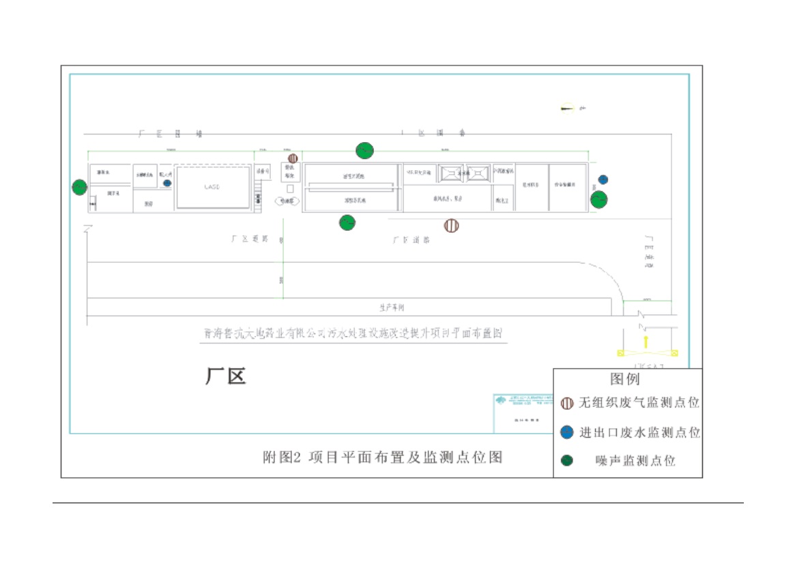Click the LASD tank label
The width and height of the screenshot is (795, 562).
tap(213, 187)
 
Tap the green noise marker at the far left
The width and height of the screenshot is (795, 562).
tap(80, 187)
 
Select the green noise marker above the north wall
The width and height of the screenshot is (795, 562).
tap(365, 150)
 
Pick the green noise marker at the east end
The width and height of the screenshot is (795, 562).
tap(598, 199)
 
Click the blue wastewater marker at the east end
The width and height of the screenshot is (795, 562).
tap(603, 180)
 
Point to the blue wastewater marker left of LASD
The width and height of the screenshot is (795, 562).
tap(167, 183)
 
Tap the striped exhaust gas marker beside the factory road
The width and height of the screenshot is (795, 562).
tap(451, 225)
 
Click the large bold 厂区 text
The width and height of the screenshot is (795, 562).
tap(225, 376)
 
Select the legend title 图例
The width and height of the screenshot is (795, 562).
tap(624, 379)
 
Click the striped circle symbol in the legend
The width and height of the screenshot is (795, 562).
tap(567, 404)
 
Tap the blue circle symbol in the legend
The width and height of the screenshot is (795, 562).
tap(566, 432)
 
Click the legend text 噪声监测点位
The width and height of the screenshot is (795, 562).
tap(635, 462)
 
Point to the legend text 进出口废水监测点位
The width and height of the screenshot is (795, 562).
tap(639, 433)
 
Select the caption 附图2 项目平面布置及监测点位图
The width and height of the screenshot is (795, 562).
tap(383, 457)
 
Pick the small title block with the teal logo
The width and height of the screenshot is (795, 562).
tap(523, 412)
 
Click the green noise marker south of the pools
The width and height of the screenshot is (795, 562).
tap(347, 223)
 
